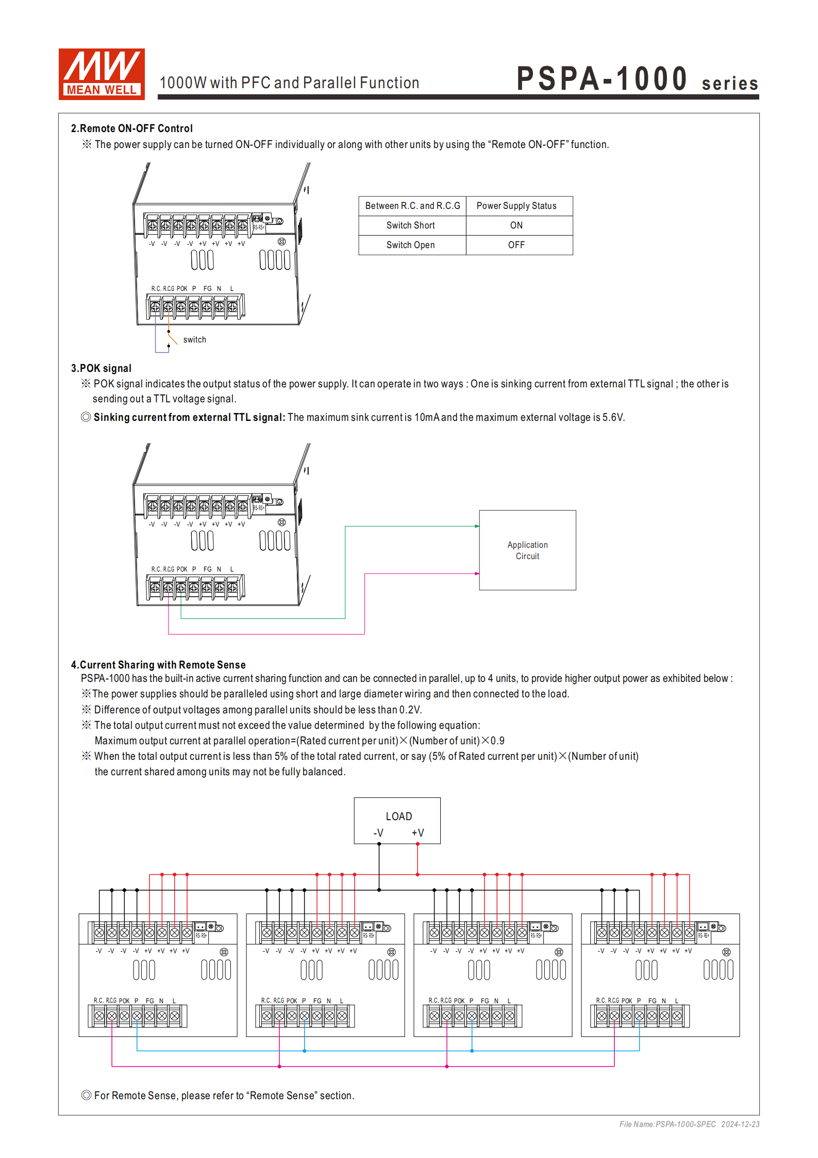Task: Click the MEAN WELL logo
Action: point(102,74)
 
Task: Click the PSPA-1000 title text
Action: point(602,79)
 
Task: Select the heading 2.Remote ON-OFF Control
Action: point(131,128)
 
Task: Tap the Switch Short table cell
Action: point(411,225)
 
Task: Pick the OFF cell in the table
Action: point(516,245)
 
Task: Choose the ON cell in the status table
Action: point(516,225)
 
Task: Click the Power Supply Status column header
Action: point(516,206)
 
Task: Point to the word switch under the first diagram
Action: point(194,339)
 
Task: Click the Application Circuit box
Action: point(527,550)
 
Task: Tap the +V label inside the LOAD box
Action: point(418,833)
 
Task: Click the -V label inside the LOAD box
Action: point(378,833)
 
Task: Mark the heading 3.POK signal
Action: point(101,368)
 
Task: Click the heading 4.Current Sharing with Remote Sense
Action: point(158,665)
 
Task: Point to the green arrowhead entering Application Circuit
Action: point(477,526)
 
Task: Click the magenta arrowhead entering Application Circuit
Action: point(477,574)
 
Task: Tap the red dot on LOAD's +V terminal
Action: point(418,844)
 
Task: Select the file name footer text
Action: point(689,1124)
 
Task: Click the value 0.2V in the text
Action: point(410,710)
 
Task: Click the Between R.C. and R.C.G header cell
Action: point(412,206)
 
